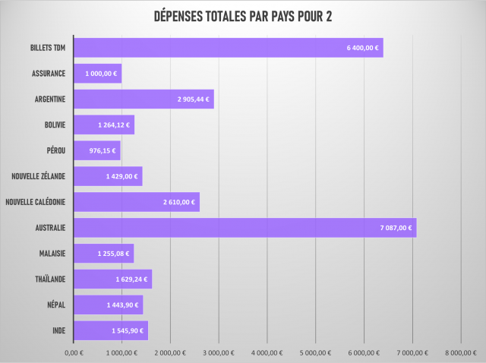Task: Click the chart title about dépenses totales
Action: [243, 17]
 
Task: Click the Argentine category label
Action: [50, 99]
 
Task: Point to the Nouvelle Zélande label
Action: [39, 176]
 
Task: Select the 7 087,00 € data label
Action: [395, 228]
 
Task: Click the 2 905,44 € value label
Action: [193, 99]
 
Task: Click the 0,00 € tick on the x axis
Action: [74, 352]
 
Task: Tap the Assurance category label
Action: [49, 74]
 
